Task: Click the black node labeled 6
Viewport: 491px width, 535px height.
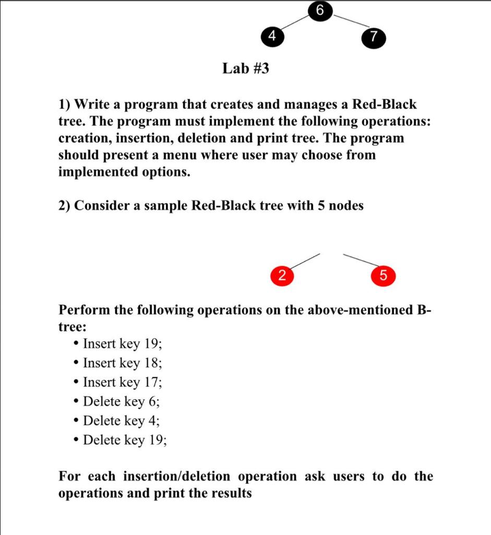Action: (319, 10)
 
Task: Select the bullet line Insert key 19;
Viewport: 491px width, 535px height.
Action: (123, 344)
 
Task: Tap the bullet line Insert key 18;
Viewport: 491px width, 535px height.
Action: (123, 363)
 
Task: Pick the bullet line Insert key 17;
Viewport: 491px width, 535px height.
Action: (123, 382)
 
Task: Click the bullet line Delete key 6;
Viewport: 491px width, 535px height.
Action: (122, 402)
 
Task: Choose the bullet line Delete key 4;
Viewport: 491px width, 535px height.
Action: (122, 421)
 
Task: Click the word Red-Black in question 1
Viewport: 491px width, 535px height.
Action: (385, 104)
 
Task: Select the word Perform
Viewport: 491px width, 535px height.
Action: (84, 310)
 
